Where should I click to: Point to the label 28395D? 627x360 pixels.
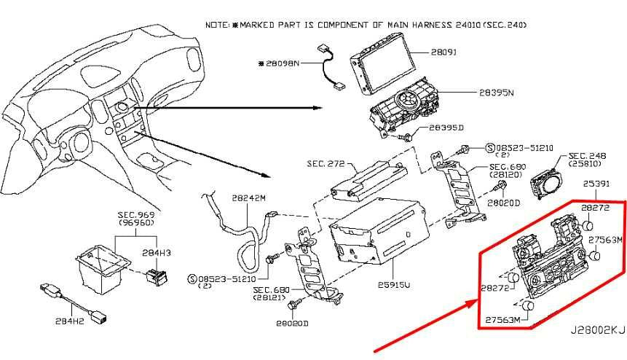tap(446, 128)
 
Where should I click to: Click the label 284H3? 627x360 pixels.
tap(156, 252)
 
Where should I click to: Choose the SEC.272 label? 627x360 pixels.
tap(325, 164)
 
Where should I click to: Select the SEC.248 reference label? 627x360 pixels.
tap(588, 156)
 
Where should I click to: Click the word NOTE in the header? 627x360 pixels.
tap(217, 24)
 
